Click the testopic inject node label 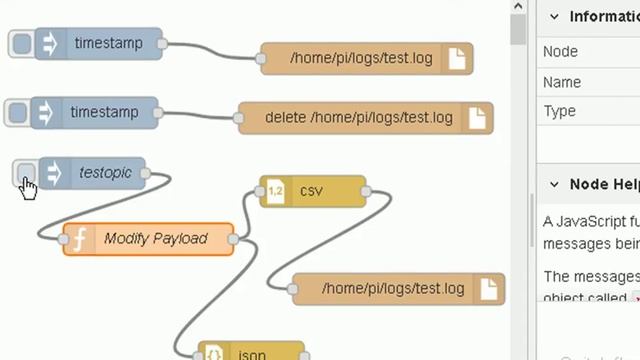point(105,173)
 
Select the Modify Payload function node point(155,239)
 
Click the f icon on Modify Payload point(78,239)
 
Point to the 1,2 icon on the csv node point(276,191)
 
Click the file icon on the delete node point(477,118)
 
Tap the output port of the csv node point(364,191)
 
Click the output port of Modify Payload point(234,239)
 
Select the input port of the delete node point(239,118)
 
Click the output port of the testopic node point(146,173)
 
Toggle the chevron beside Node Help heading point(553,184)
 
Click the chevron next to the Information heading point(553,16)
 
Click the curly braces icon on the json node point(214,354)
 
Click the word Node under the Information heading point(560,51)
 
